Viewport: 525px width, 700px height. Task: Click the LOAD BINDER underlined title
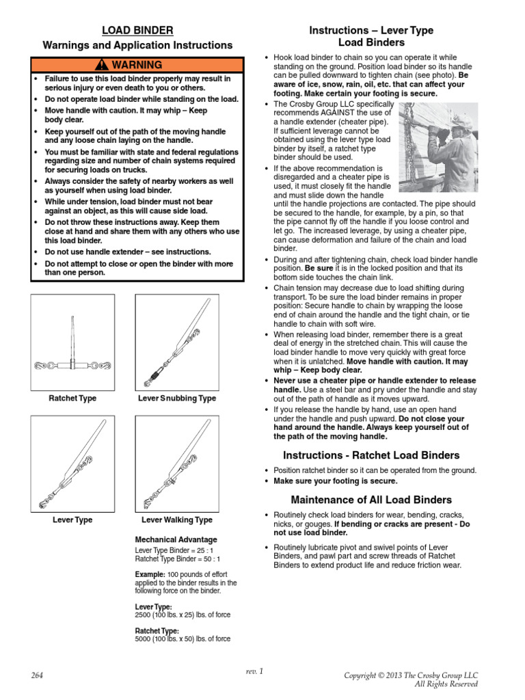(x=137, y=31)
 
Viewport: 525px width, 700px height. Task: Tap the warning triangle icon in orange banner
(x=102, y=66)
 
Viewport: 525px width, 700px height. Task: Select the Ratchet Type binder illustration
(x=72, y=342)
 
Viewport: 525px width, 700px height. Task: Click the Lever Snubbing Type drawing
(x=177, y=342)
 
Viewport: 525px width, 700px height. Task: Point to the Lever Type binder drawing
(x=72, y=463)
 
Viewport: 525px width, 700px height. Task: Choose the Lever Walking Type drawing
(x=177, y=463)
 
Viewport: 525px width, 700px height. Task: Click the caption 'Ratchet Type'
(x=72, y=399)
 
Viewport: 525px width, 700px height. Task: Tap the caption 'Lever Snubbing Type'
(x=177, y=399)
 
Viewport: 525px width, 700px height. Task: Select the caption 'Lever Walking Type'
(x=177, y=520)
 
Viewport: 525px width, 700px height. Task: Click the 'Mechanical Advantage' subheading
(x=176, y=539)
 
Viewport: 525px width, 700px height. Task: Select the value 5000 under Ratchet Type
(x=144, y=639)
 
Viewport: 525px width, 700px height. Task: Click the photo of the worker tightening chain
(x=433, y=146)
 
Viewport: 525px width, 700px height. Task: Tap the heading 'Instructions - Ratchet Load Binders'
(x=371, y=455)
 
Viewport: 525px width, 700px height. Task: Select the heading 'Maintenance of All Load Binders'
(x=371, y=500)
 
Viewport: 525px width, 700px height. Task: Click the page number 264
(x=37, y=675)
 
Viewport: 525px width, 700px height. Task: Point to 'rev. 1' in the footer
(x=254, y=671)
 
